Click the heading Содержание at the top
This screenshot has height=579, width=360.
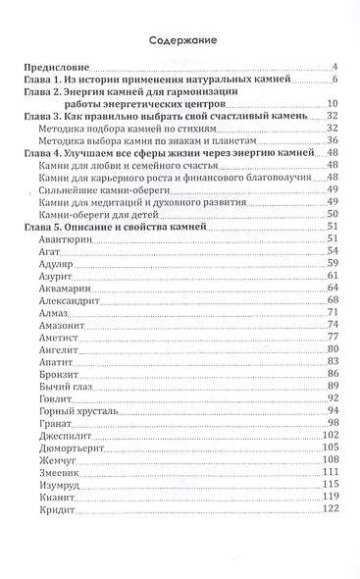[x=180, y=42]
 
